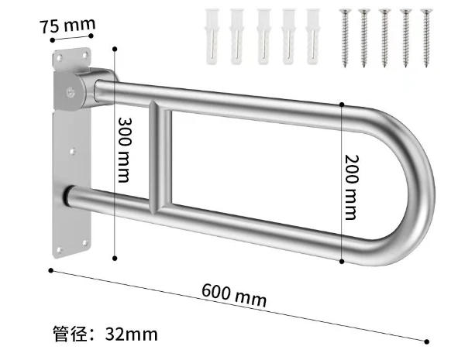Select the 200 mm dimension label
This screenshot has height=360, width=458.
[x=352, y=183]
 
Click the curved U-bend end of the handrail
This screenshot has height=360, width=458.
[x=415, y=186]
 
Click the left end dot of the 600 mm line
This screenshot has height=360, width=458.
[x=51, y=270]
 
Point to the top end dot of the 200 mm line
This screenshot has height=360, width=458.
[x=342, y=103]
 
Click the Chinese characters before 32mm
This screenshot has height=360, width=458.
[x=74, y=334]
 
